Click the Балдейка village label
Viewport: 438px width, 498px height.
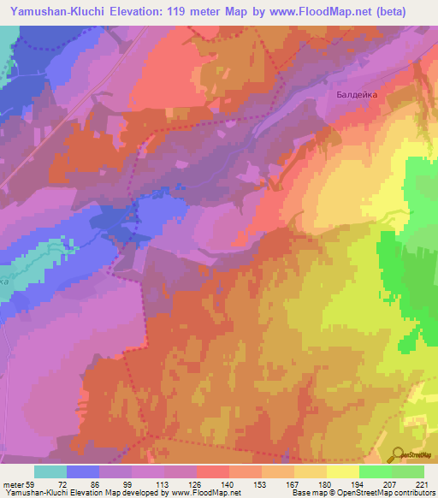point(352,97)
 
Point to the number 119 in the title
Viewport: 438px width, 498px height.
point(176,11)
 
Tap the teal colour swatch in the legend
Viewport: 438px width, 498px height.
point(50,471)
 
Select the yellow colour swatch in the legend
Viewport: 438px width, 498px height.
point(342,471)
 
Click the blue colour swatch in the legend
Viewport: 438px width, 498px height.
point(83,471)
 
